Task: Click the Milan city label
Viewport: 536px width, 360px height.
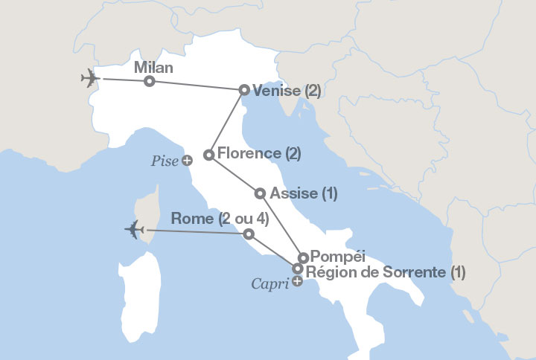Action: click(x=153, y=68)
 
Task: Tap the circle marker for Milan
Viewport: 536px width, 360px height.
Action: click(x=150, y=81)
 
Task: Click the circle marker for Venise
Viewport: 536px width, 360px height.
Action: click(x=244, y=90)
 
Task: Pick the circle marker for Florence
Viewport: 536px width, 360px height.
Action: click(x=209, y=155)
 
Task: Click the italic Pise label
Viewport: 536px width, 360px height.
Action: click(x=165, y=160)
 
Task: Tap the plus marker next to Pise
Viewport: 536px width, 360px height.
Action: click(x=187, y=160)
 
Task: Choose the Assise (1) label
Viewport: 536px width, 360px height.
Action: click(x=304, y=193)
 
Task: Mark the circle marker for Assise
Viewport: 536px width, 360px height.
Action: click(x=260, y=193)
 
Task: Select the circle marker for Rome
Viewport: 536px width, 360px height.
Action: click(x=249, y=234)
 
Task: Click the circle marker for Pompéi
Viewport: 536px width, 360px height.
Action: click(x=303, y=258)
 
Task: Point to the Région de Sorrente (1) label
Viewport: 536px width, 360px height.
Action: click(x=386, y=271)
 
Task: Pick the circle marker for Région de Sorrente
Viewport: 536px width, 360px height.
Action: click(x=298, y=269)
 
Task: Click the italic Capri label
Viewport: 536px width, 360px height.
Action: click(x=270, y=283)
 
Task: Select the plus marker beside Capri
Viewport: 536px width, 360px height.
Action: click(x=298, y=282)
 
